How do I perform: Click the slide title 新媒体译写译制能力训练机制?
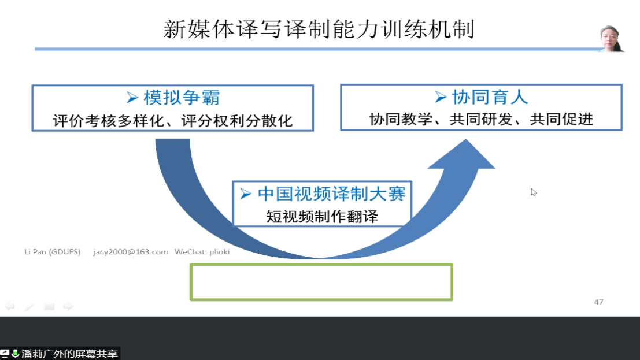coord(319,29)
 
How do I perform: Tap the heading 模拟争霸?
coord(182,98)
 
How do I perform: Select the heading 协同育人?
coord(490,97)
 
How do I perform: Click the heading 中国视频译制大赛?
coord(331,194)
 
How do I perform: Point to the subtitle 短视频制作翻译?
coord(322,216)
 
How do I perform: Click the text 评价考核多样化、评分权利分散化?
coord(173,121)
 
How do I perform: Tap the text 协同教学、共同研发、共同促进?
coord(481,119)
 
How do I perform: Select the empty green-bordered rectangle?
coord(321,265)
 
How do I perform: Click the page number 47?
coord(598,302)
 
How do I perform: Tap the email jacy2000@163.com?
coord(130,252)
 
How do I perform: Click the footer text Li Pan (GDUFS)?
coord(52,252)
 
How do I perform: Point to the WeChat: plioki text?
coord(202,252)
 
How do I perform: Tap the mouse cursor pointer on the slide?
coord(533,192)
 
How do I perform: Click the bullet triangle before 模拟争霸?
coord(132,98)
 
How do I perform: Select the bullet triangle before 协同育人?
coord(441,97)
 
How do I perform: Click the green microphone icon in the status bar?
coord(15,353)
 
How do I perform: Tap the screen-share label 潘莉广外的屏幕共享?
coord(69,354)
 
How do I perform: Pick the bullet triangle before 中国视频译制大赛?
coord(245,194)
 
